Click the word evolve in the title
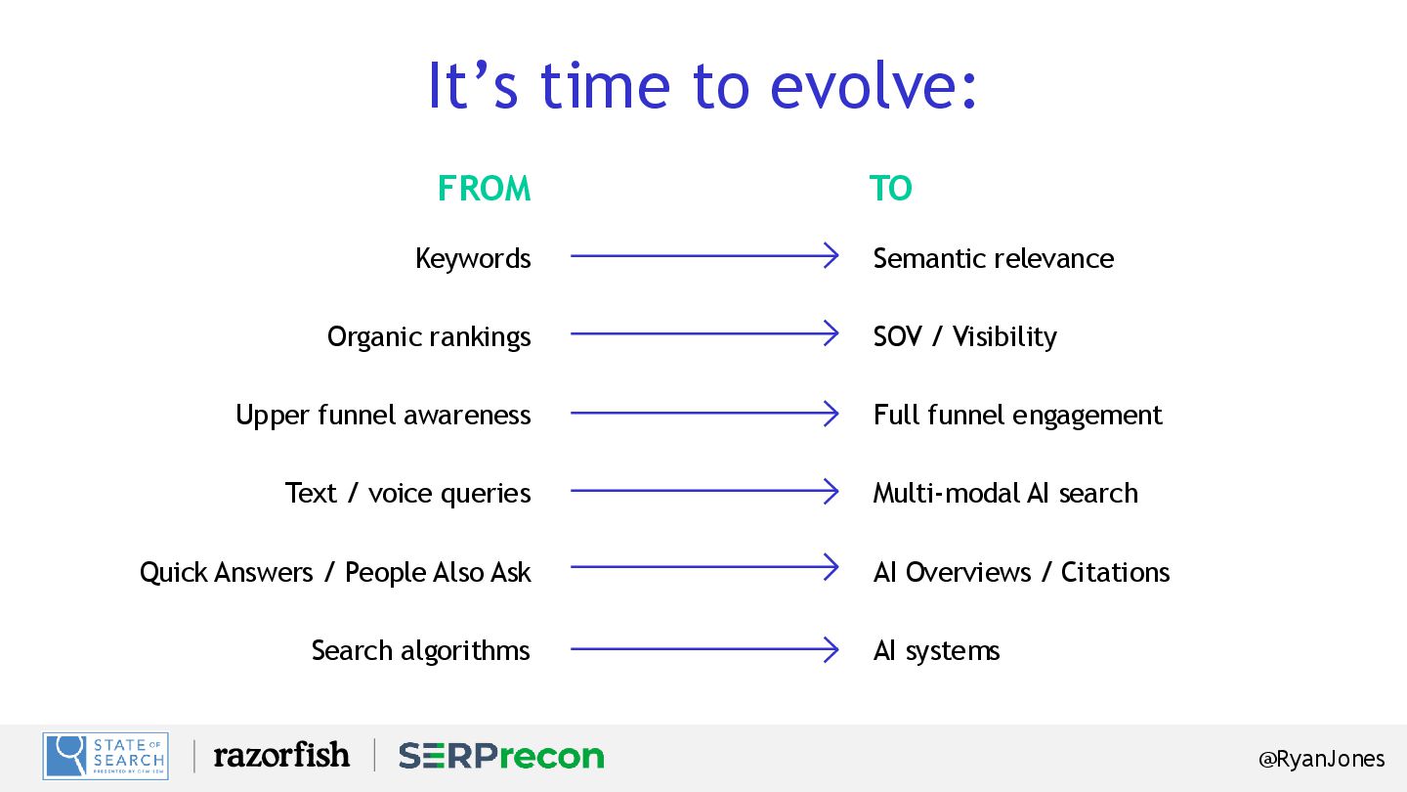click(x=874, y=85)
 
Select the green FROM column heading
click(x=485, y=189)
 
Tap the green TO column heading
click(x=891, y=189)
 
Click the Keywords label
click(x=473, y=259)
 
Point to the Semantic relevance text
click(x=994, y=258)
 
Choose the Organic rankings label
click(x=429, y=337)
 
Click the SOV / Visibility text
click(x=965, y=337)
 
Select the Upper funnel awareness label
click(x=383, y=416)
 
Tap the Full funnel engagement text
click(x=1017, y=416)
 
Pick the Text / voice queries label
click(x=408, y=494)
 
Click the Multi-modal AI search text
click(x=1005, y=493)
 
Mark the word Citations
click(x=1115, y=572)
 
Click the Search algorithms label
click(x=421, y=650)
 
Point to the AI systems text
click(x=936, y=650)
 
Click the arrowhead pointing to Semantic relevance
click(x=831, y=256)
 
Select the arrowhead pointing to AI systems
click(x=831, y=649)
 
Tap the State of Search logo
click(x=106, y=756)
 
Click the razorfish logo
click(x=281, y=755)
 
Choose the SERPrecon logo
click(x=501, y=756)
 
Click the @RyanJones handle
click(x=1322, y=760)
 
